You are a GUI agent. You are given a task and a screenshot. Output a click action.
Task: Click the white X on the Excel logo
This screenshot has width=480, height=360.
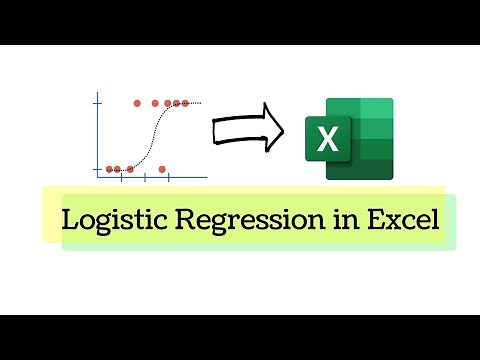[x=327, y=140]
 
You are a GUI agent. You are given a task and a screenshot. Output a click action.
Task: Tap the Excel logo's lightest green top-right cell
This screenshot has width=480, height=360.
[x=376, y=109]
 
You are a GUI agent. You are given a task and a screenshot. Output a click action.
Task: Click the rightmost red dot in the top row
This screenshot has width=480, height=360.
[x=185, y=102]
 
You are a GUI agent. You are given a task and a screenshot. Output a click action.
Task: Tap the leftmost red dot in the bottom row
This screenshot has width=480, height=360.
[x=109, y=169]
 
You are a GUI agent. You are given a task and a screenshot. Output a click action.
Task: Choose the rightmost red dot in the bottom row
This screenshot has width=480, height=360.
[x=163, y=169]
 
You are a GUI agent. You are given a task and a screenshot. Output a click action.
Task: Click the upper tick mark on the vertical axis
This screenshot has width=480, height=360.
[x=97, y=103]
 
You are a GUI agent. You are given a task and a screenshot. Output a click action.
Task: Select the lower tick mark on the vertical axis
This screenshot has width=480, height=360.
[x=97, y=169]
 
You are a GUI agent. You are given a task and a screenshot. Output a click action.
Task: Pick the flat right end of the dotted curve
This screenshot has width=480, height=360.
[x=198, y=102]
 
